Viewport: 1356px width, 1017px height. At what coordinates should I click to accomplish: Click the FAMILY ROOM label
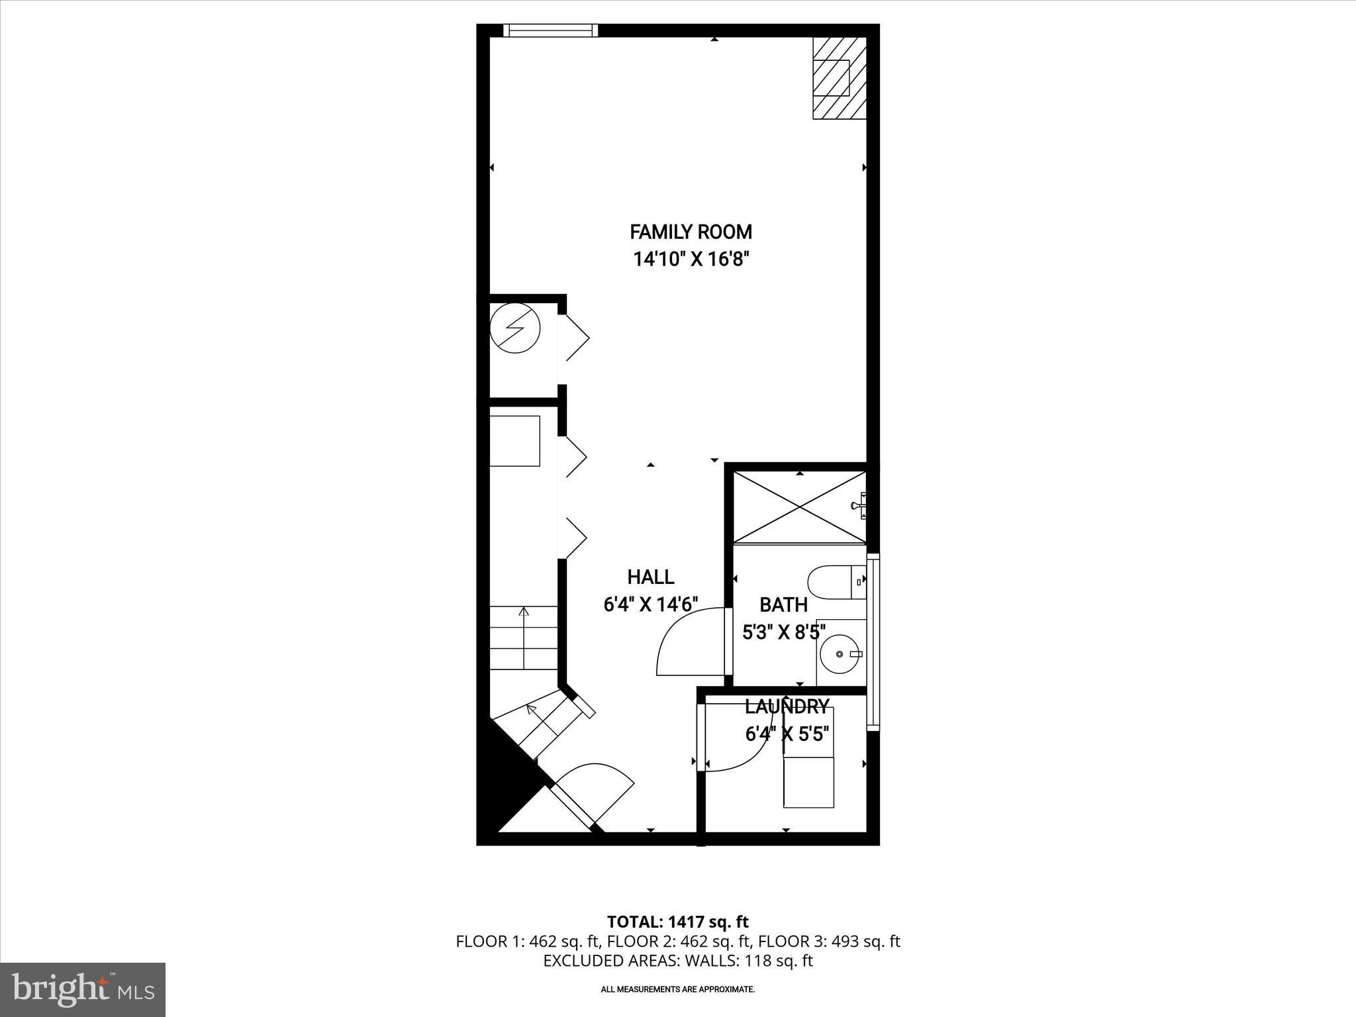pos(691,232)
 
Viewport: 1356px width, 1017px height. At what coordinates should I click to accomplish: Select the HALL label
pos(651,577)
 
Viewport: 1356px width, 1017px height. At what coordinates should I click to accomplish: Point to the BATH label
pos(783,605)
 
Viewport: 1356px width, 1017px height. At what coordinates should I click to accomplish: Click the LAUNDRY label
pos(787,707)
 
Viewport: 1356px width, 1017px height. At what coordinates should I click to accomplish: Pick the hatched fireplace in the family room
pos(840,78)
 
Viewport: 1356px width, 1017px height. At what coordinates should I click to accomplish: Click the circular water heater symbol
pos(515,328)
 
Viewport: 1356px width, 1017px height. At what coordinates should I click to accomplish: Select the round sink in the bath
pos(840,654)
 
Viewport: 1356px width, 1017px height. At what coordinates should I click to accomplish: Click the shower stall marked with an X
pos(800,507)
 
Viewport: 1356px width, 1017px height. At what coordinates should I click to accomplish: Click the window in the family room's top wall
pos(550,30)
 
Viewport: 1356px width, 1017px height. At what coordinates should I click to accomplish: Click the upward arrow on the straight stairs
pos(524,638)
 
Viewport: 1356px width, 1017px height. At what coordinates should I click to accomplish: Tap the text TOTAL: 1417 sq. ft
pos(678,922)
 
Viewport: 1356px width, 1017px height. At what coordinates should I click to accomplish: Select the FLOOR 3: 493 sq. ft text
pos(829,941)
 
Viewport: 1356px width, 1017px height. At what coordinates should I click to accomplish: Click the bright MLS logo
pos(83,990)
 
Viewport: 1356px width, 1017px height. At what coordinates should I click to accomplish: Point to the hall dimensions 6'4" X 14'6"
pos(651,604)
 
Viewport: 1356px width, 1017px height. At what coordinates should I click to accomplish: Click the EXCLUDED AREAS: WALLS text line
pos(678,961)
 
